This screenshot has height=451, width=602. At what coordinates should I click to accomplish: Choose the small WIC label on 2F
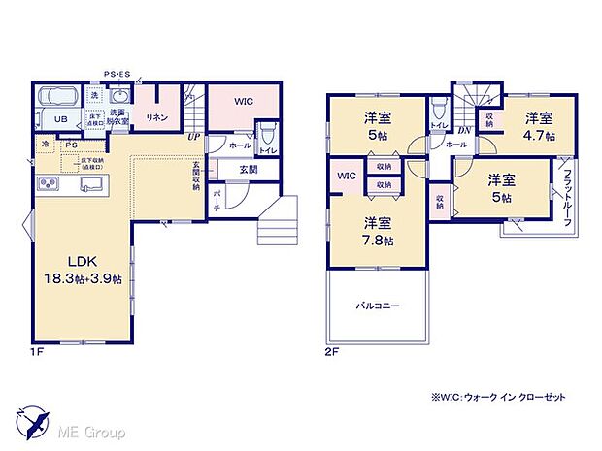point(347,176)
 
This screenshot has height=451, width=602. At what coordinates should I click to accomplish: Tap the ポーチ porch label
point(217,199)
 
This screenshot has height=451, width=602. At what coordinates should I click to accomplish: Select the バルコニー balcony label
point(377,306)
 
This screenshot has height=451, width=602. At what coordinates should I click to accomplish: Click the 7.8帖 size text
point(379,241)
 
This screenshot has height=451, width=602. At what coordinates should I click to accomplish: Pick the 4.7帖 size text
point(540,137)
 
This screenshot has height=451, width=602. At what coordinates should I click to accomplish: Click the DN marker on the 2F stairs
point(462,129)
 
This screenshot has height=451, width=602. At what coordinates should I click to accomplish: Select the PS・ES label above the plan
point(119,74)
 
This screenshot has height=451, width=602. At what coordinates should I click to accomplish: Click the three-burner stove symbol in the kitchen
point(50,183)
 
